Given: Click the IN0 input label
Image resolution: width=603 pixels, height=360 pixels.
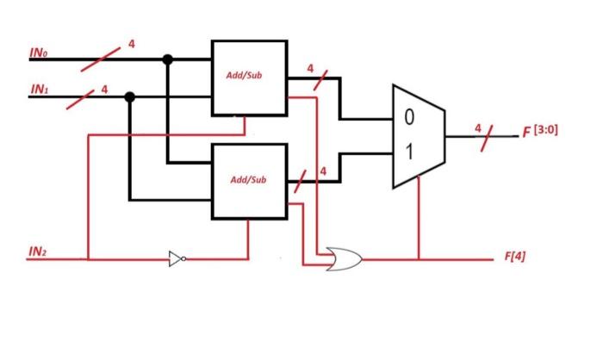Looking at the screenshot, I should tap(40, 54).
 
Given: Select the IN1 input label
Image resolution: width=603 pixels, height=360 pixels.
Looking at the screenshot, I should tap(40, 89).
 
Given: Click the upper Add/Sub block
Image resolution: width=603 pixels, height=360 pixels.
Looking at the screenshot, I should tap(249, 77).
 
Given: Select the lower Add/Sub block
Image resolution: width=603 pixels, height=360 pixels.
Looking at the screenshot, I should tap(249, 180).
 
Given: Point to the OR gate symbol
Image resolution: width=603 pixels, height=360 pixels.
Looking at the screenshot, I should tap(344, 258).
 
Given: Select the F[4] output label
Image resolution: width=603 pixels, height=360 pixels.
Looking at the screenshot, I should tap(514, 258).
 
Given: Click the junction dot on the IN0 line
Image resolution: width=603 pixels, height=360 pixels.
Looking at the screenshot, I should tap(168, 59).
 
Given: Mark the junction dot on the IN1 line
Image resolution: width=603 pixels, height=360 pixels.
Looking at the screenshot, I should tap(130, 96).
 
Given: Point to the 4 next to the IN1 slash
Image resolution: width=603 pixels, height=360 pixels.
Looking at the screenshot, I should tap(104, 88).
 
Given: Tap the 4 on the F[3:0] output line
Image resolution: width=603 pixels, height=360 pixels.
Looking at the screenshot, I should tap(476, 127).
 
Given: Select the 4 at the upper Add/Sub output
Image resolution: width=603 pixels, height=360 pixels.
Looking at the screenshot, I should tap(309, 68).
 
